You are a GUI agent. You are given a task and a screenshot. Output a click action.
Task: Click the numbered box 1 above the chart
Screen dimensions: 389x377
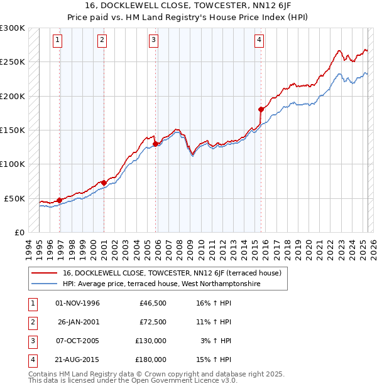click(x=57, y=41)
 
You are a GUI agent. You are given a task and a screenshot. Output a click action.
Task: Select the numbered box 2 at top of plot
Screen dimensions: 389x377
click(x=102, y=41)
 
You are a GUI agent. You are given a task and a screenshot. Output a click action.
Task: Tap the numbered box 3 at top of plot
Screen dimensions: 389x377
click(x=153, y=41)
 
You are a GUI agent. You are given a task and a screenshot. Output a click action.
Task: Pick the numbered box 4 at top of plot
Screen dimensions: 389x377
click(x=259, y=41)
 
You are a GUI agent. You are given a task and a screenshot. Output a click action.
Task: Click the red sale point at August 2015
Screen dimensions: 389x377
click(x=261, y=109)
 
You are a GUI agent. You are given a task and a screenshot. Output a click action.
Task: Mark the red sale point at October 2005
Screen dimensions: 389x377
click(x=155, y=144)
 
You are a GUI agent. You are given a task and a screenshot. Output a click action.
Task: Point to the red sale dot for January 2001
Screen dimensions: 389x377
click(x=104, y=183)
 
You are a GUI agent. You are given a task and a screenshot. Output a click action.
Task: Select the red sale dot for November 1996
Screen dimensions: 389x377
click(x=59, y=200)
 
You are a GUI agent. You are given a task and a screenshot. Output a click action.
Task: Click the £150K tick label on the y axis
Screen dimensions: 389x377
click(x=13, y=130)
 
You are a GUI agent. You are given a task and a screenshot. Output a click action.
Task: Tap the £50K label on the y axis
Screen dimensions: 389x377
click(x=15, y=198)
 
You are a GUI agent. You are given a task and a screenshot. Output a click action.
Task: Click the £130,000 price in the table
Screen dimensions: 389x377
click(x=151, y=341)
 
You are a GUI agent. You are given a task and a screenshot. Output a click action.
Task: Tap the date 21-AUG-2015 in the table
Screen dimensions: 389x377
click(x=78, y=360)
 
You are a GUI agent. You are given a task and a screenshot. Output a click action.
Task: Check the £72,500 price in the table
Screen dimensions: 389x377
click(x=153, y=322)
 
